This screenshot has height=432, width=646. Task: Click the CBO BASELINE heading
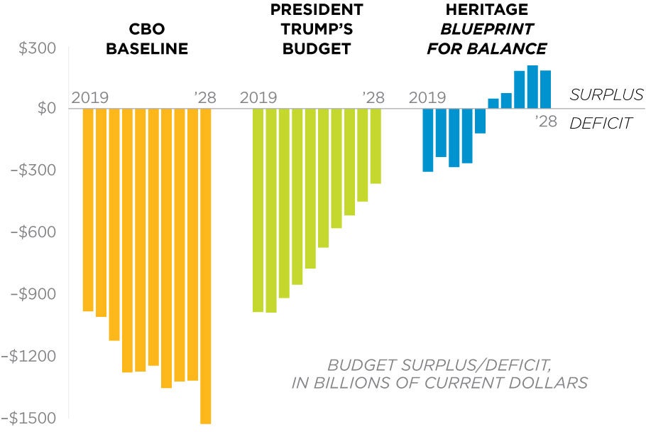148,39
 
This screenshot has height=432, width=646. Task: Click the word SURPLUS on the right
606,94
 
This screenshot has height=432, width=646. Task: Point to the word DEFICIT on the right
601,124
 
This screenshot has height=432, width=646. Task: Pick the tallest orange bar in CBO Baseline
206,266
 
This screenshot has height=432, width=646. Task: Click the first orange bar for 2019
88,210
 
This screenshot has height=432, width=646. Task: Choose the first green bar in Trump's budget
258,210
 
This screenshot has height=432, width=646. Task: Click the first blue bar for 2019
427,140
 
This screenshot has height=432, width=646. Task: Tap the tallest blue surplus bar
532,87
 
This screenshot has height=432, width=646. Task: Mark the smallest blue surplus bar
493,104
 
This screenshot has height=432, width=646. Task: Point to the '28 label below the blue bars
545,121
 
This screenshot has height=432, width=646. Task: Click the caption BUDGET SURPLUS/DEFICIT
439,365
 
